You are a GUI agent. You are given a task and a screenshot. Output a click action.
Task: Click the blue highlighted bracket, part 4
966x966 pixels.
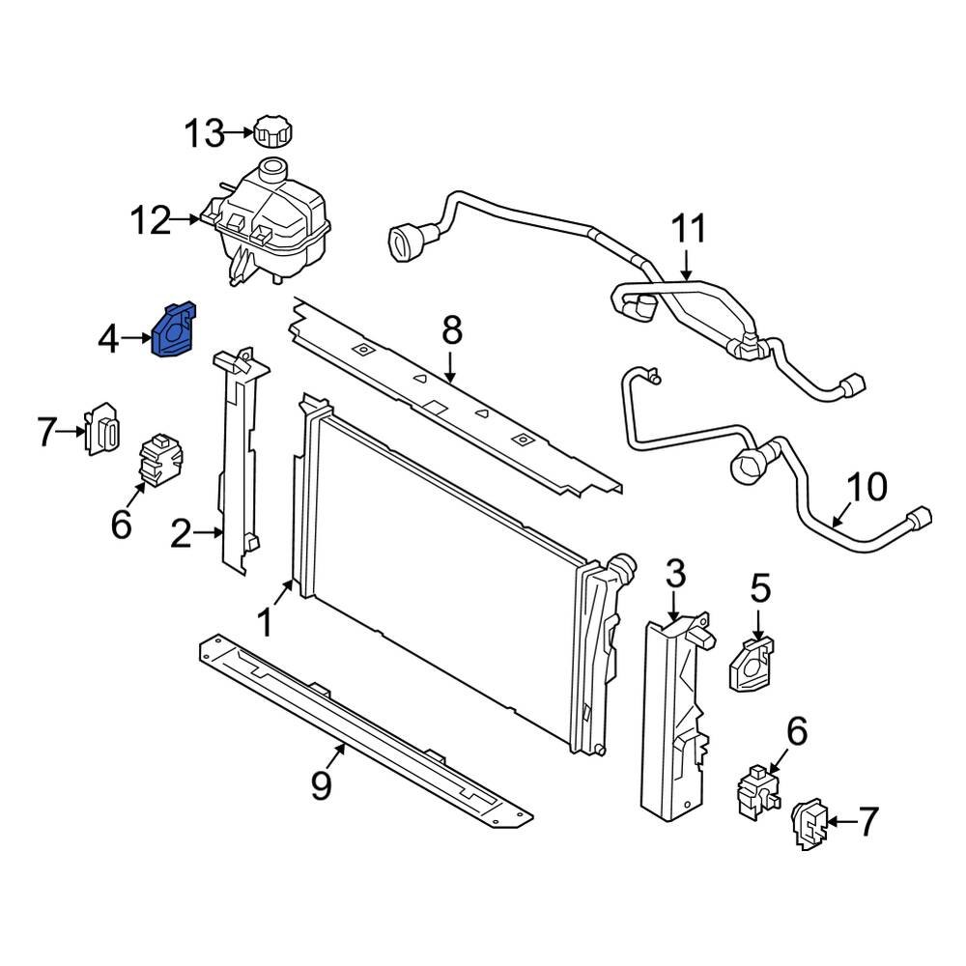tap(173, 331)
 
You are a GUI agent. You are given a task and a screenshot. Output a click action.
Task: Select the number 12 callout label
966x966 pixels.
tap(152, 221)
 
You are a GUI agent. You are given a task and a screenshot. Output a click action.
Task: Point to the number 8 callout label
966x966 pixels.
tap(452, 332)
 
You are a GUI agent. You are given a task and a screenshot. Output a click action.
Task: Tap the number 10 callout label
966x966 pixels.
tap(866, 488)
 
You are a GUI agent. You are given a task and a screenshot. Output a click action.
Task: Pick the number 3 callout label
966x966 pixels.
tap(674, 575)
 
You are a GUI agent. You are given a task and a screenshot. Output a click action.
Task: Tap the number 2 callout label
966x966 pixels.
tap(182, 533)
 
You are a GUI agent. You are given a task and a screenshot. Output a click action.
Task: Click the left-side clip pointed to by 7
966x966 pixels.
tap(103, 431)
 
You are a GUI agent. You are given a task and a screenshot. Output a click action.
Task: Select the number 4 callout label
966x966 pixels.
tap(108, 339)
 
